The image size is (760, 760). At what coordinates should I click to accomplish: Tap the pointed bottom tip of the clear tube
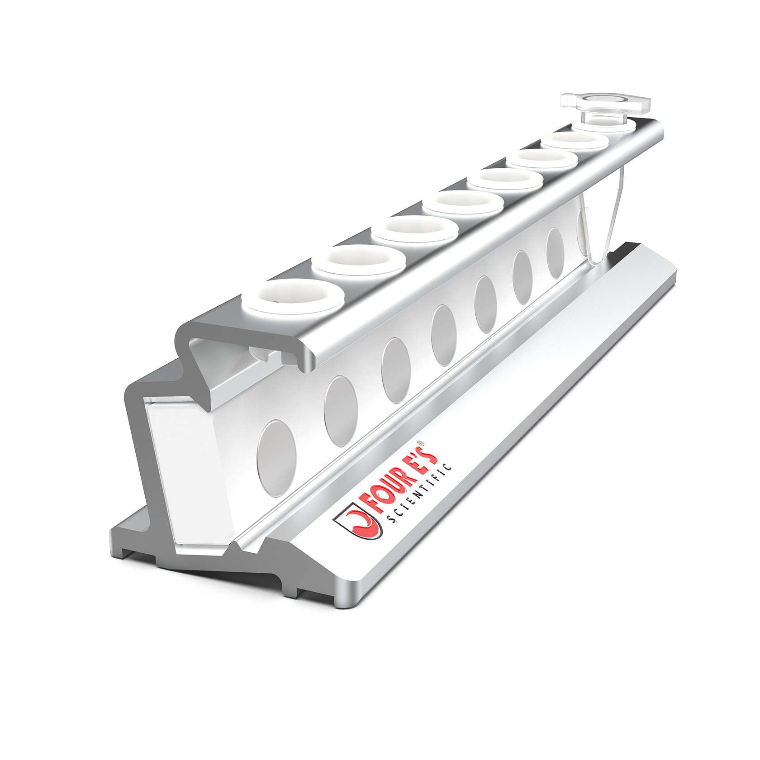596,261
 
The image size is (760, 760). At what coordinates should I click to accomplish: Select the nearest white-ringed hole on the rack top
294,296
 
